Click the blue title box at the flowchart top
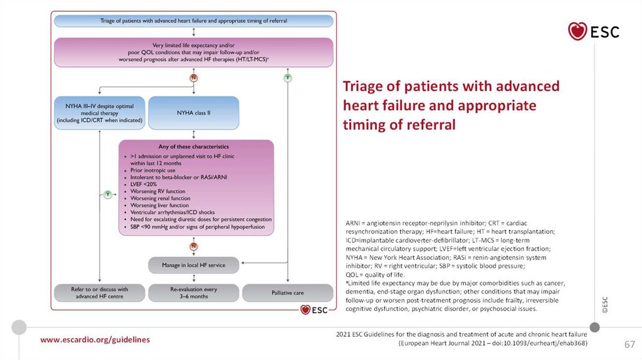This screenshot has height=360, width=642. click(x=193, y=21)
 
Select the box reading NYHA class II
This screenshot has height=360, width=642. click(x=186, y=112)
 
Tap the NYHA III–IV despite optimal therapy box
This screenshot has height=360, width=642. click(x=100, y=112)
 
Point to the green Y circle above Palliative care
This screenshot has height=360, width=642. click(x=288, y=78)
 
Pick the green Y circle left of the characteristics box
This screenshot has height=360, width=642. click(x=108, y=194)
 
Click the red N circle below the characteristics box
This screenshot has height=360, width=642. click(x=194, y=246)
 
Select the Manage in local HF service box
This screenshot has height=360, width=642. click(x=194, y=265)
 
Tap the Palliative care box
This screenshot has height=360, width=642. click(x=288, y=293)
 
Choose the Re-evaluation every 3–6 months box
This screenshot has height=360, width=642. click(x=193, y=293)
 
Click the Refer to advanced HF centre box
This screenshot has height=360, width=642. click(x=99, y=293)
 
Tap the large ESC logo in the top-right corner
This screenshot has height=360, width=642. click(x=593, y=31)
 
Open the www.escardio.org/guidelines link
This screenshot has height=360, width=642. click(x=95, y=339)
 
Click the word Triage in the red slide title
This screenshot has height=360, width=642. click(x=363, y=87)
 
